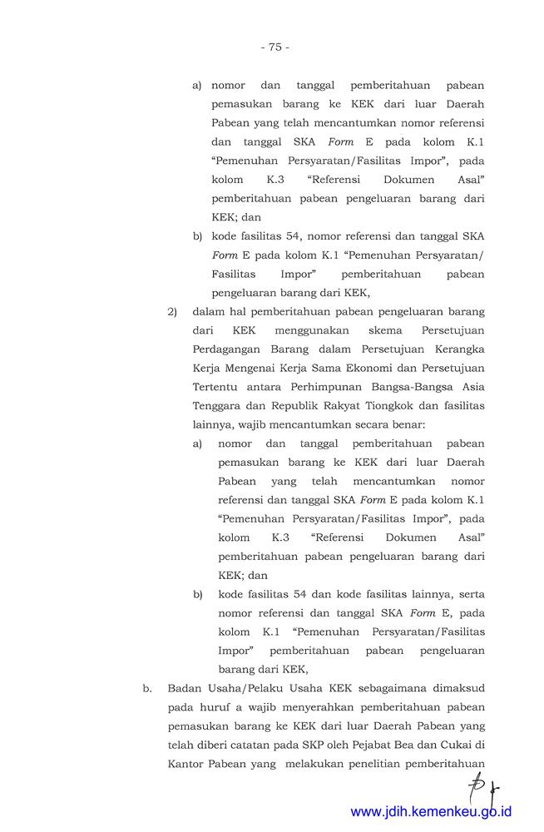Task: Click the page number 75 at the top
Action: click(274, 47)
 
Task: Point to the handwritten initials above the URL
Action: click(488, 782)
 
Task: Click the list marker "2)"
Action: click(173, 312)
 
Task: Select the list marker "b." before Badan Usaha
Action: click(147, 688)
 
